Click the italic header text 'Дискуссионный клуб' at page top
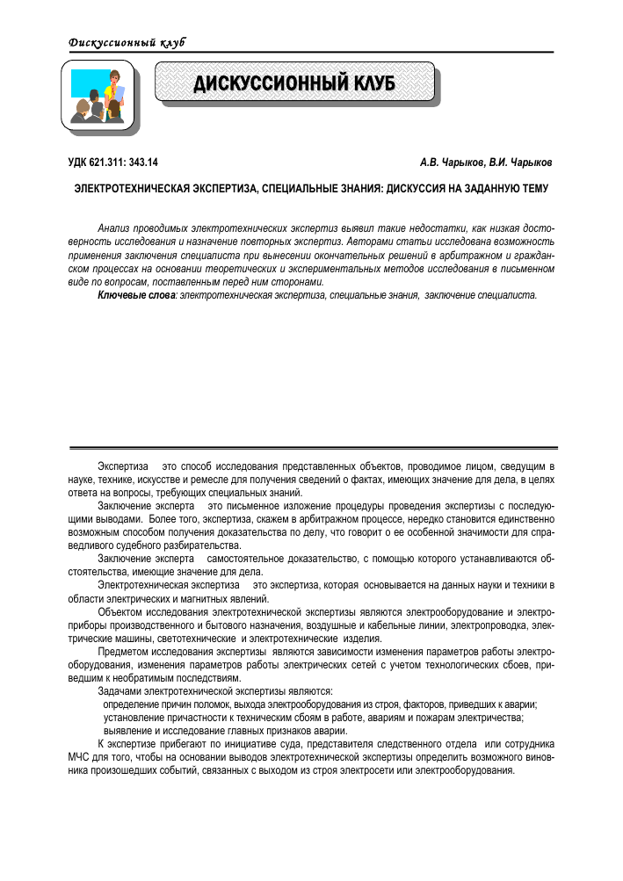(127, 43)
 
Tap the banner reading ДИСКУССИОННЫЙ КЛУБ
(294, 84)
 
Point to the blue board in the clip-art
(86, 83)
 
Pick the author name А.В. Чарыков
(451, 162)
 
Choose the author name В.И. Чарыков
(521, 162)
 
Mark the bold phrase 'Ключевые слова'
(136, 295)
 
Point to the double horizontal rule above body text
(311, 442)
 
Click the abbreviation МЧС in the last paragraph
(82, 756)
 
